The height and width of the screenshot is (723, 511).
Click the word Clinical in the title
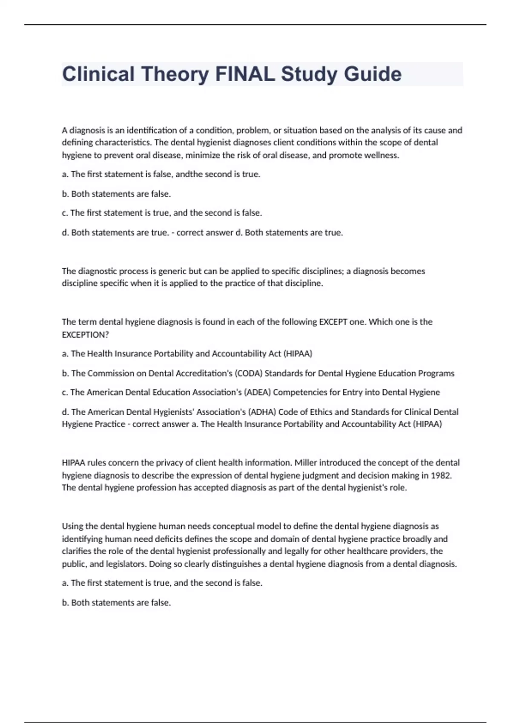pos(98,74)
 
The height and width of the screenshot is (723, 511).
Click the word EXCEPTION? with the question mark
pos(85,335)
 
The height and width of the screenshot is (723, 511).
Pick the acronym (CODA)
pos(248,373)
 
